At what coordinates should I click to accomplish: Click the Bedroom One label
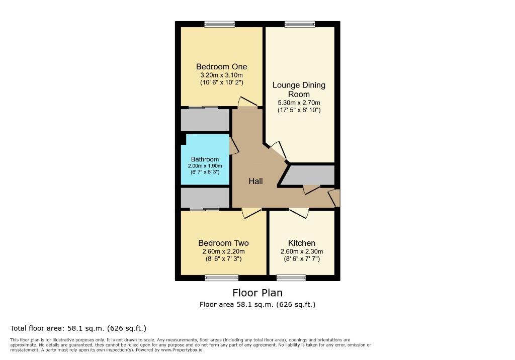pyautogui.click(x=221, y=67)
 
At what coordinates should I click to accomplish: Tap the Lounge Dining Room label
pyautogui.click(x=299, y=89)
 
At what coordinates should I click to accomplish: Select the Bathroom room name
pyautogui.click(x=205, y=159)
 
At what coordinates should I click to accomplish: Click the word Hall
pyautogui.click(x=255, y=181)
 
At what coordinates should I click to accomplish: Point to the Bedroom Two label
pyautogui.click(x=223, y=243)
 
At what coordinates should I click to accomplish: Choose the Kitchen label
pyautogui.click(x=301, y=243)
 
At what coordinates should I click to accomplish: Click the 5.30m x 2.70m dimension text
pyautogui.click(x=299, y=103)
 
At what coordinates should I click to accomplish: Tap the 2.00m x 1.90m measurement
pyautogui.click(x=205, y=166)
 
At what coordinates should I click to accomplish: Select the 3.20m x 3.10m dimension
pyautogui.click(x=221, y=75)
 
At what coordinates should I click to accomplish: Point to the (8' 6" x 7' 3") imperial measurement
pyautogui.click(x=223, y=259)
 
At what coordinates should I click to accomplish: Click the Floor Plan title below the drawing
pyautogui.click(x=257, y=293)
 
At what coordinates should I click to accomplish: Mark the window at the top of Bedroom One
pyautogui.click(x=220, y=24)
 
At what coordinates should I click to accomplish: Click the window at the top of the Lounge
pyautogui.click(x=300, y=24)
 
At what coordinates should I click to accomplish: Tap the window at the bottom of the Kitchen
pyautogui.click(x=291, y=278)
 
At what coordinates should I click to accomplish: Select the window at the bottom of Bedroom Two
pyautogui.click(x=222, y=278)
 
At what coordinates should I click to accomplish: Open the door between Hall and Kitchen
pyautogui.click(x=299, y=213)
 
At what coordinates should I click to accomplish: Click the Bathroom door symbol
pyautogui.click(x=234, y=146)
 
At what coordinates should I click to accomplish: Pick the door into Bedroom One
pyautogui.click(x=247, y=103)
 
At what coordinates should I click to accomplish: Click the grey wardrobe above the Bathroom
pyautogui.click(x=205, y=120)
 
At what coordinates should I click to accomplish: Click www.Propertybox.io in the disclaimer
pyautogui.click(x=182, y=349)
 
